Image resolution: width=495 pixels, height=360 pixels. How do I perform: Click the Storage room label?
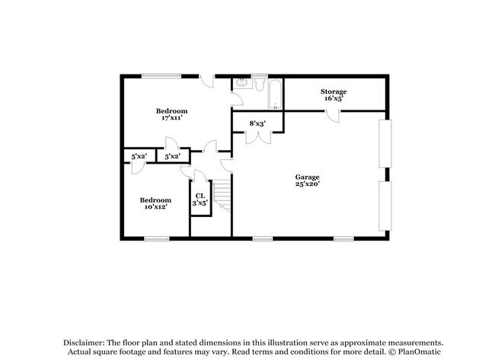(x=333, y=91)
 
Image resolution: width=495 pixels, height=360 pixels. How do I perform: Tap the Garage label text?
(x=308, y=177)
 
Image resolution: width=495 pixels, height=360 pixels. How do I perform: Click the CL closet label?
(x=200, y=196)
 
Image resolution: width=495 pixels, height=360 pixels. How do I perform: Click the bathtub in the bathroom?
(x=273, y=94)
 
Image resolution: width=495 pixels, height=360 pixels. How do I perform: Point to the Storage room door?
(x=334, y=115)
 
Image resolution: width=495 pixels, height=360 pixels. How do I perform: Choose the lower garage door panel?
(x=387, y=205)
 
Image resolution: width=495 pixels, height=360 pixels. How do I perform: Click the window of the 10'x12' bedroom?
(x=157, y=239)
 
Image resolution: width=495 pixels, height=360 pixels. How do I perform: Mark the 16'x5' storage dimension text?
(x=333, y=99)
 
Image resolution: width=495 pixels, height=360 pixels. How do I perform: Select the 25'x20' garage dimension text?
(x=308, y=185)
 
